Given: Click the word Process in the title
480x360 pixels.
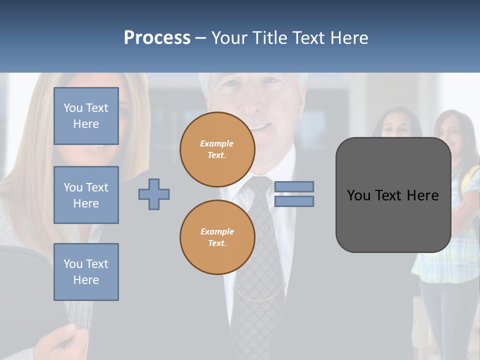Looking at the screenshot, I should [x=157, y=38].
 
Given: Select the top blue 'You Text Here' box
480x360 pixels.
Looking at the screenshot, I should [x=86, y=116].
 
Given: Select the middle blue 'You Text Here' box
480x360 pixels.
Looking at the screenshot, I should [x=86, y=195].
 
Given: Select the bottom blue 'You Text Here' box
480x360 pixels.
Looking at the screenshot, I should [x=86, y=272].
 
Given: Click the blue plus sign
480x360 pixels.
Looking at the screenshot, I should [x=154, y=194].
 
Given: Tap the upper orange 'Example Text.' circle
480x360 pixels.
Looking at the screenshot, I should [x=217, y=149].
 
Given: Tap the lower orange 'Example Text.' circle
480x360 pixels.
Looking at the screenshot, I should [x=217, y=237].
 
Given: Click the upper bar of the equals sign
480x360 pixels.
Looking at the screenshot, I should [x=294, y=186].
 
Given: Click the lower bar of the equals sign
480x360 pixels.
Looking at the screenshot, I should [x=294, y=201].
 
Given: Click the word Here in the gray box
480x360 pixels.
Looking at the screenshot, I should [x=423, y=195].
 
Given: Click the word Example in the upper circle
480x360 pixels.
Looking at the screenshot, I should [x=217, y=143].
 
